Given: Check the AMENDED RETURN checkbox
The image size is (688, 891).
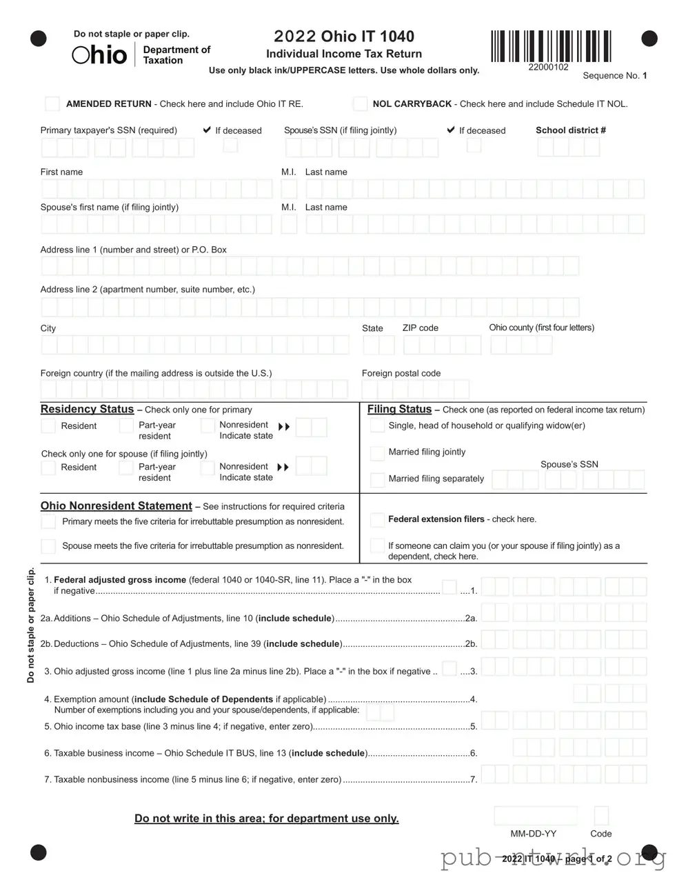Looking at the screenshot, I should pyautogui.click(x=52, y=104).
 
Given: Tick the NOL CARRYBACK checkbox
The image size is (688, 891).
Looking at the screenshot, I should pyautogui.click(x=360, y=104).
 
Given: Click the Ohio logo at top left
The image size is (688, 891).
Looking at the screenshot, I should pyautogui.click(x=100, y=55).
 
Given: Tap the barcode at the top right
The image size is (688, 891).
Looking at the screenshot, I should pyautogui.click(x=551, y=46).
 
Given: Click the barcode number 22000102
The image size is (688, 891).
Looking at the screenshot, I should pyautogui.click(x=548, y=68).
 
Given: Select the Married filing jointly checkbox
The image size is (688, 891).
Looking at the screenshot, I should pyautogui.click(x=377, y=453).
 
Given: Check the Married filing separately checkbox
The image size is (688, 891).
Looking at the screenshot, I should pyautogui.click(x=377, y=479).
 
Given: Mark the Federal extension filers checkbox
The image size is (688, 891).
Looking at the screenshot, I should pyautogui.click(x=377, y=519).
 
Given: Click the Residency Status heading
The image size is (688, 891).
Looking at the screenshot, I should pyautogui.click(x=87, y=409).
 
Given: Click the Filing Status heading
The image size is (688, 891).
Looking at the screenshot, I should pyautogui.click(x=399, y=409).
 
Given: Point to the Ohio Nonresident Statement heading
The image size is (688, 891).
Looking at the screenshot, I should pyautogui.click(x=116, y=505).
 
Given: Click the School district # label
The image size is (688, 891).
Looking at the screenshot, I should pyautogui.click(x=570, y=130).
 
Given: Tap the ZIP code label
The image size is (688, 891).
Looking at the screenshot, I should pyautogui.click(x=420, y=328).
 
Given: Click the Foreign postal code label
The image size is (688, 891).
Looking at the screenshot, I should pyautogui.click(x=401, y=373).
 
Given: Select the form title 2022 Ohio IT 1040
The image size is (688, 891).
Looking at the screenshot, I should pyautogui.click(x=344, y=37).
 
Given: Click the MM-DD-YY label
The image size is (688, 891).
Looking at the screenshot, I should pyautogui.click(x=533, y=834).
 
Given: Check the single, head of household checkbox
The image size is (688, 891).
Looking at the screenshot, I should pyautogui.click(x=377, y=426).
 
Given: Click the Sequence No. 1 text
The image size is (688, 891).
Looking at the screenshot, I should pyautogui.click(x=614, y=76).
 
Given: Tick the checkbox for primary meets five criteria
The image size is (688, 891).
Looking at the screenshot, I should pyautogui.click(x=48, y=522).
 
